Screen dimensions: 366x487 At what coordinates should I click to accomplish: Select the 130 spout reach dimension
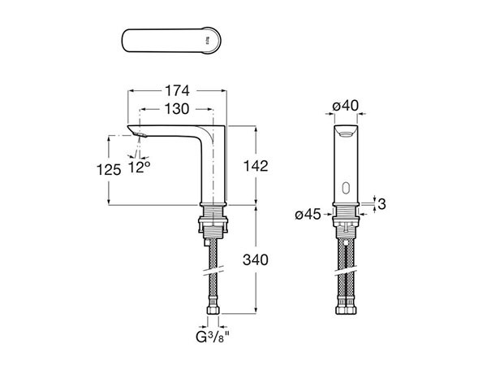click(x=176, y=108)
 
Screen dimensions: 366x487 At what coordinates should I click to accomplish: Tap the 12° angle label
click(x=140, y=166)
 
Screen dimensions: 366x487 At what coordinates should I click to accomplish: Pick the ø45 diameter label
click(x=309, y=215)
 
